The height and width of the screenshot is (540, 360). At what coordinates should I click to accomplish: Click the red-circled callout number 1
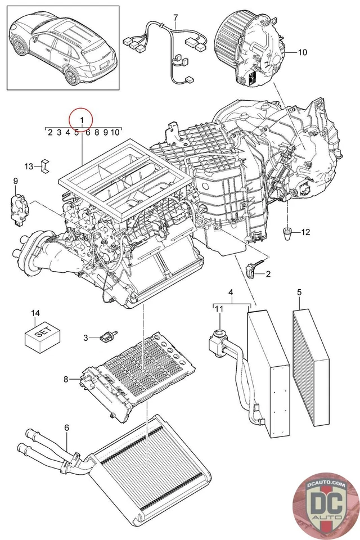[82, 120]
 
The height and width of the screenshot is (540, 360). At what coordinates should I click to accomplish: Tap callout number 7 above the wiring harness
[175, 17]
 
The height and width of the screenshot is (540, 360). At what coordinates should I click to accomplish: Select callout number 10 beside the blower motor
[302, 52]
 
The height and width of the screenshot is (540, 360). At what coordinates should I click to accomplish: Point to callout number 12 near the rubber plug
[305, 232]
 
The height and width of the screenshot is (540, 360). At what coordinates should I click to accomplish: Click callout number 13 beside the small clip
[29, 166]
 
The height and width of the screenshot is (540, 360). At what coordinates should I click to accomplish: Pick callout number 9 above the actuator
[15, 181]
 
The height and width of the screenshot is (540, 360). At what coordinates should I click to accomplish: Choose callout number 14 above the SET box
[35, 313]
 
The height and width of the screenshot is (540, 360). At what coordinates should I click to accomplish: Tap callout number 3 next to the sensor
[86, 337]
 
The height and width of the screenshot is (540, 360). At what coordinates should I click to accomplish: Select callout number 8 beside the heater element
[66, 379]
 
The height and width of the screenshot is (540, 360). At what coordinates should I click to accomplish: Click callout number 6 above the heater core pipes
[66, 428]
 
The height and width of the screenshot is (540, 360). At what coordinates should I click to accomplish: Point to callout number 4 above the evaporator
[231, 292]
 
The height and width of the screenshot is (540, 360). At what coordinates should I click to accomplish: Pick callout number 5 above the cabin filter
[299, 292]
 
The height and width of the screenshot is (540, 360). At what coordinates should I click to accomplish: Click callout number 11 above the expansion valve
[219, 308]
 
